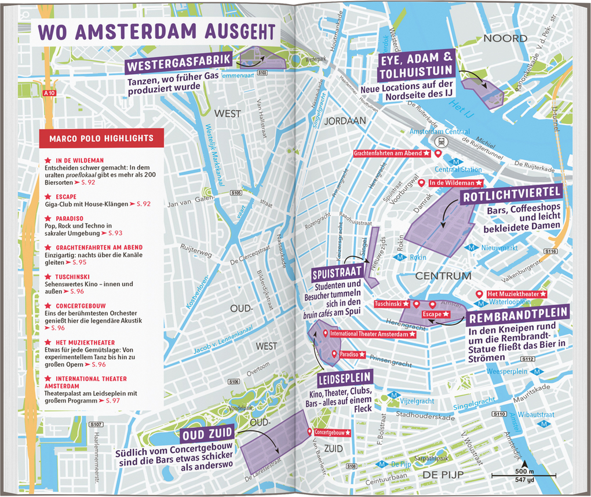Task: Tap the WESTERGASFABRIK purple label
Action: point(180,61)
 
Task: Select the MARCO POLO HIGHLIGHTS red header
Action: point(101,138)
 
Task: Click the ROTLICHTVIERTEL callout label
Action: point(511,195)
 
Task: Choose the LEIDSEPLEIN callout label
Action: point(344,379)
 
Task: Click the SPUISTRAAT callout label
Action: point(338,272)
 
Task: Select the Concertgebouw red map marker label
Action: point(333,432)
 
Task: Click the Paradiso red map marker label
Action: point(352,354)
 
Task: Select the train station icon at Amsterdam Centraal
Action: point(442,142)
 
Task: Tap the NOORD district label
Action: point(505,39)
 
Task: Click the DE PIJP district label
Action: point(443,475)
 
